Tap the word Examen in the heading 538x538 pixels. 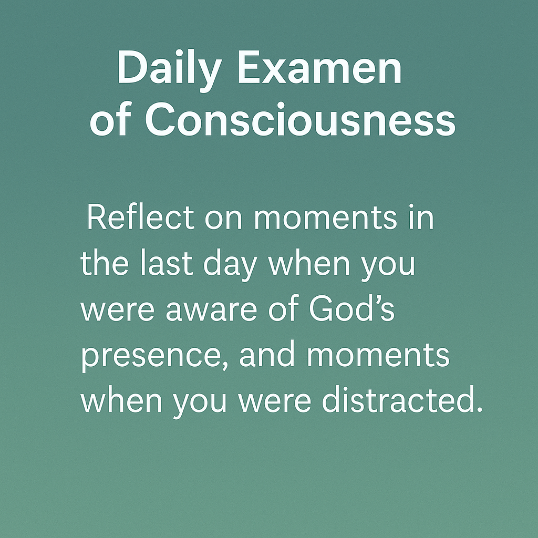[x=319, y=67]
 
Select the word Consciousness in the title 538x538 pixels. [x=300, y=120]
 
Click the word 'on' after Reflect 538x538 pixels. [x=224, y=219]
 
